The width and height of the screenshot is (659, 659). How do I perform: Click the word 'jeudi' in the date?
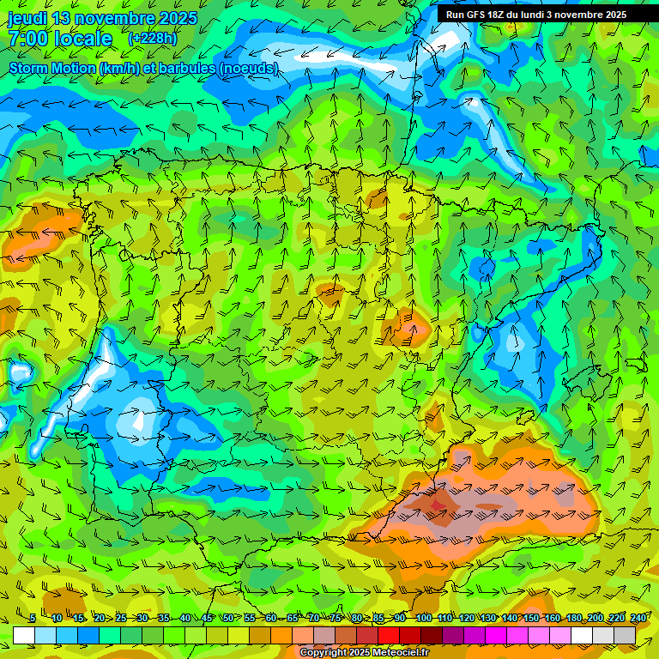tap(27, 18)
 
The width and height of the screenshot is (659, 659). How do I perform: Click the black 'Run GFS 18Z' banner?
tap(535, 14)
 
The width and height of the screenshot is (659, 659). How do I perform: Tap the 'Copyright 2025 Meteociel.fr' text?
tap(364, 652)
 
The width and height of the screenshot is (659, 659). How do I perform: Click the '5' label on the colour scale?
tap(33, 618)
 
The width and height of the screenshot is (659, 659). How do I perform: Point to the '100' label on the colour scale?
tap(423, 618)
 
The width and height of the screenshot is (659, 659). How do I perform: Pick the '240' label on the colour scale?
tap(638, 618)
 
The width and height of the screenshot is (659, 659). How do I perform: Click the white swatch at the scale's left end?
tap(24, 635)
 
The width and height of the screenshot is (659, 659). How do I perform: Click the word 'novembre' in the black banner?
tap(574, 15)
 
